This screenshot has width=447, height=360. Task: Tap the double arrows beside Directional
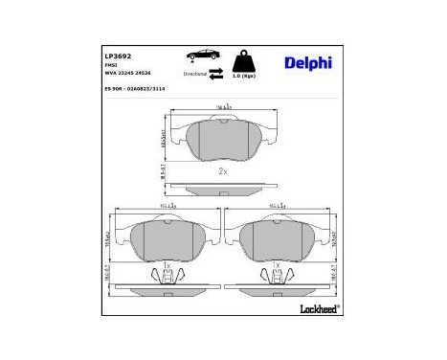215,74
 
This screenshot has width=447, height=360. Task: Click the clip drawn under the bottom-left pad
168,275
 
